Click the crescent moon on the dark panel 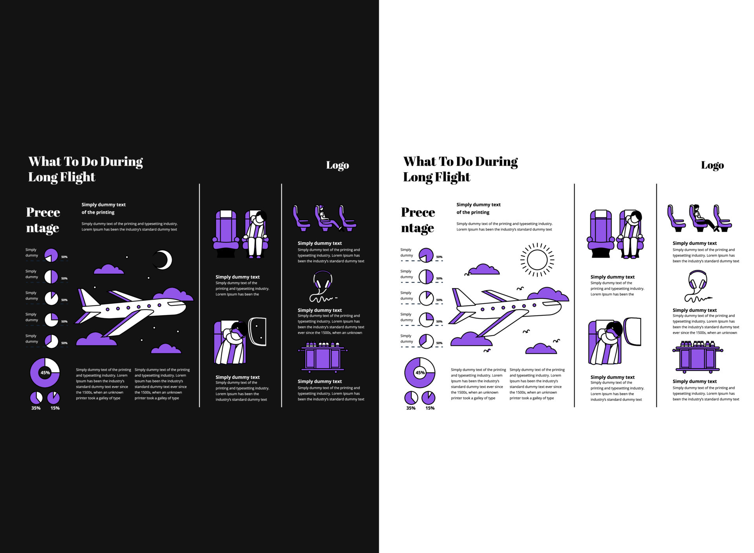[x=164, y=260]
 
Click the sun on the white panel [x=537, y=260]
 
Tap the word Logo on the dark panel [x=337, y=165]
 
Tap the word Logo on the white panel [x=712, y=165]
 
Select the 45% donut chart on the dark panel [x=45, y=373]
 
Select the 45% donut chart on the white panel [x=420, y=373]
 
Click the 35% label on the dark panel [x=36, y=408]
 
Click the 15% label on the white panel [x=430, y=408]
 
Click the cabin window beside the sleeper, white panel [x=632, y=332]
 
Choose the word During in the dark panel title [x=121, y=162]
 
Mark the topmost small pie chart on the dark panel [x=51, y=255]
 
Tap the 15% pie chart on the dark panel [x=53, y=398]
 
